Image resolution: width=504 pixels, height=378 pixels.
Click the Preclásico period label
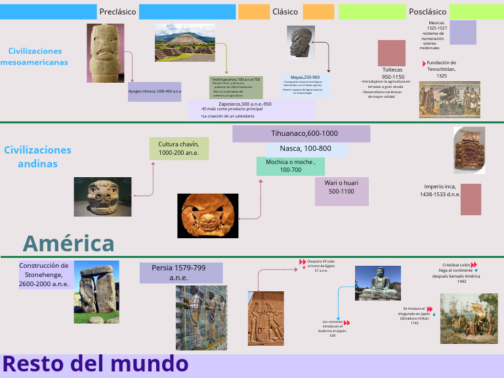pos(117,12)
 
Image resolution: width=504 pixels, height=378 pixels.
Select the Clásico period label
pos(285,12)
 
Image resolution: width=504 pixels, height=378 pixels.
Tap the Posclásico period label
pos(427,12)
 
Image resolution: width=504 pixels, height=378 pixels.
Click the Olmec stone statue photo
pos(106,53)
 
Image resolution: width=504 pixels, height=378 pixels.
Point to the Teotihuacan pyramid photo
pos(184,43)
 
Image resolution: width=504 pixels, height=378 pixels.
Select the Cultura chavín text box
pos(178,148)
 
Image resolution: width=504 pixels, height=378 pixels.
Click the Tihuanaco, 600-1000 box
pos(301,134)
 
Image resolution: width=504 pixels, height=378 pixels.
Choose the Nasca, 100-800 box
pos(304,148)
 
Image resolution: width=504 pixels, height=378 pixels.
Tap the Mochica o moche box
pos(290,165)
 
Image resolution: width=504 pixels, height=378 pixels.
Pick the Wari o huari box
pos(341,187)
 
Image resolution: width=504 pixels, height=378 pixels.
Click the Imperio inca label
pos(442,190)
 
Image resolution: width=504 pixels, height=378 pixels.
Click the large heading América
pos(69,243)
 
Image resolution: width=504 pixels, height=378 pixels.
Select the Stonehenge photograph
pos(96,292)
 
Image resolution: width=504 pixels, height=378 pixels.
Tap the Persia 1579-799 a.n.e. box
pos(178,272)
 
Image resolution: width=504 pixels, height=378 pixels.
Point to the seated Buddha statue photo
pos(377,283)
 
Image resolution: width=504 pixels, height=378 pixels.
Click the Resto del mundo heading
pos(96,364)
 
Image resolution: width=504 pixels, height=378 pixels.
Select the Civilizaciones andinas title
pos(37,157)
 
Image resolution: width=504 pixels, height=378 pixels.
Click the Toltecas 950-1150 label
pos(392,73)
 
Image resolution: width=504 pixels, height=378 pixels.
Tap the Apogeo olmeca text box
pos(155,91)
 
